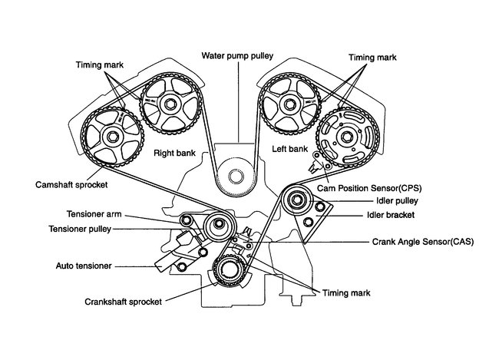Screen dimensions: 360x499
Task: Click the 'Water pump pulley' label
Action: point(238,56)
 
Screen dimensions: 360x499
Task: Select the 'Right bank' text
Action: point(175,153)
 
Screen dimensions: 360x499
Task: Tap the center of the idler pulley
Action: point(296,203)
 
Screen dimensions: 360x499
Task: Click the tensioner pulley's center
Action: point(220,225)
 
